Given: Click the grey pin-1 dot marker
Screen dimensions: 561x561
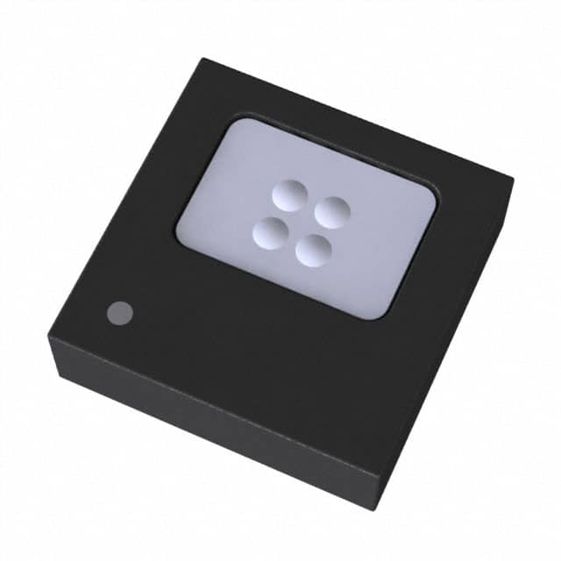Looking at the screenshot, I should pos(119,312).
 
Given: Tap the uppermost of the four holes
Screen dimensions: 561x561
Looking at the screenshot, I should pos(288,194).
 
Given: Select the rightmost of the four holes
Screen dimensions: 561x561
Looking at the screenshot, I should pos(333,212).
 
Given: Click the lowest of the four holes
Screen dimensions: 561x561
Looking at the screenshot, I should pos(313,251).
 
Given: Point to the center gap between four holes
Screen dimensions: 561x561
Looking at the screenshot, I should pos(301,223).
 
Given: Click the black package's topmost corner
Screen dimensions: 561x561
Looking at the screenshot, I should pos(203,60).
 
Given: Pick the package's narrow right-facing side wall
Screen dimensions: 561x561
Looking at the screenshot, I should pos(456,351).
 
